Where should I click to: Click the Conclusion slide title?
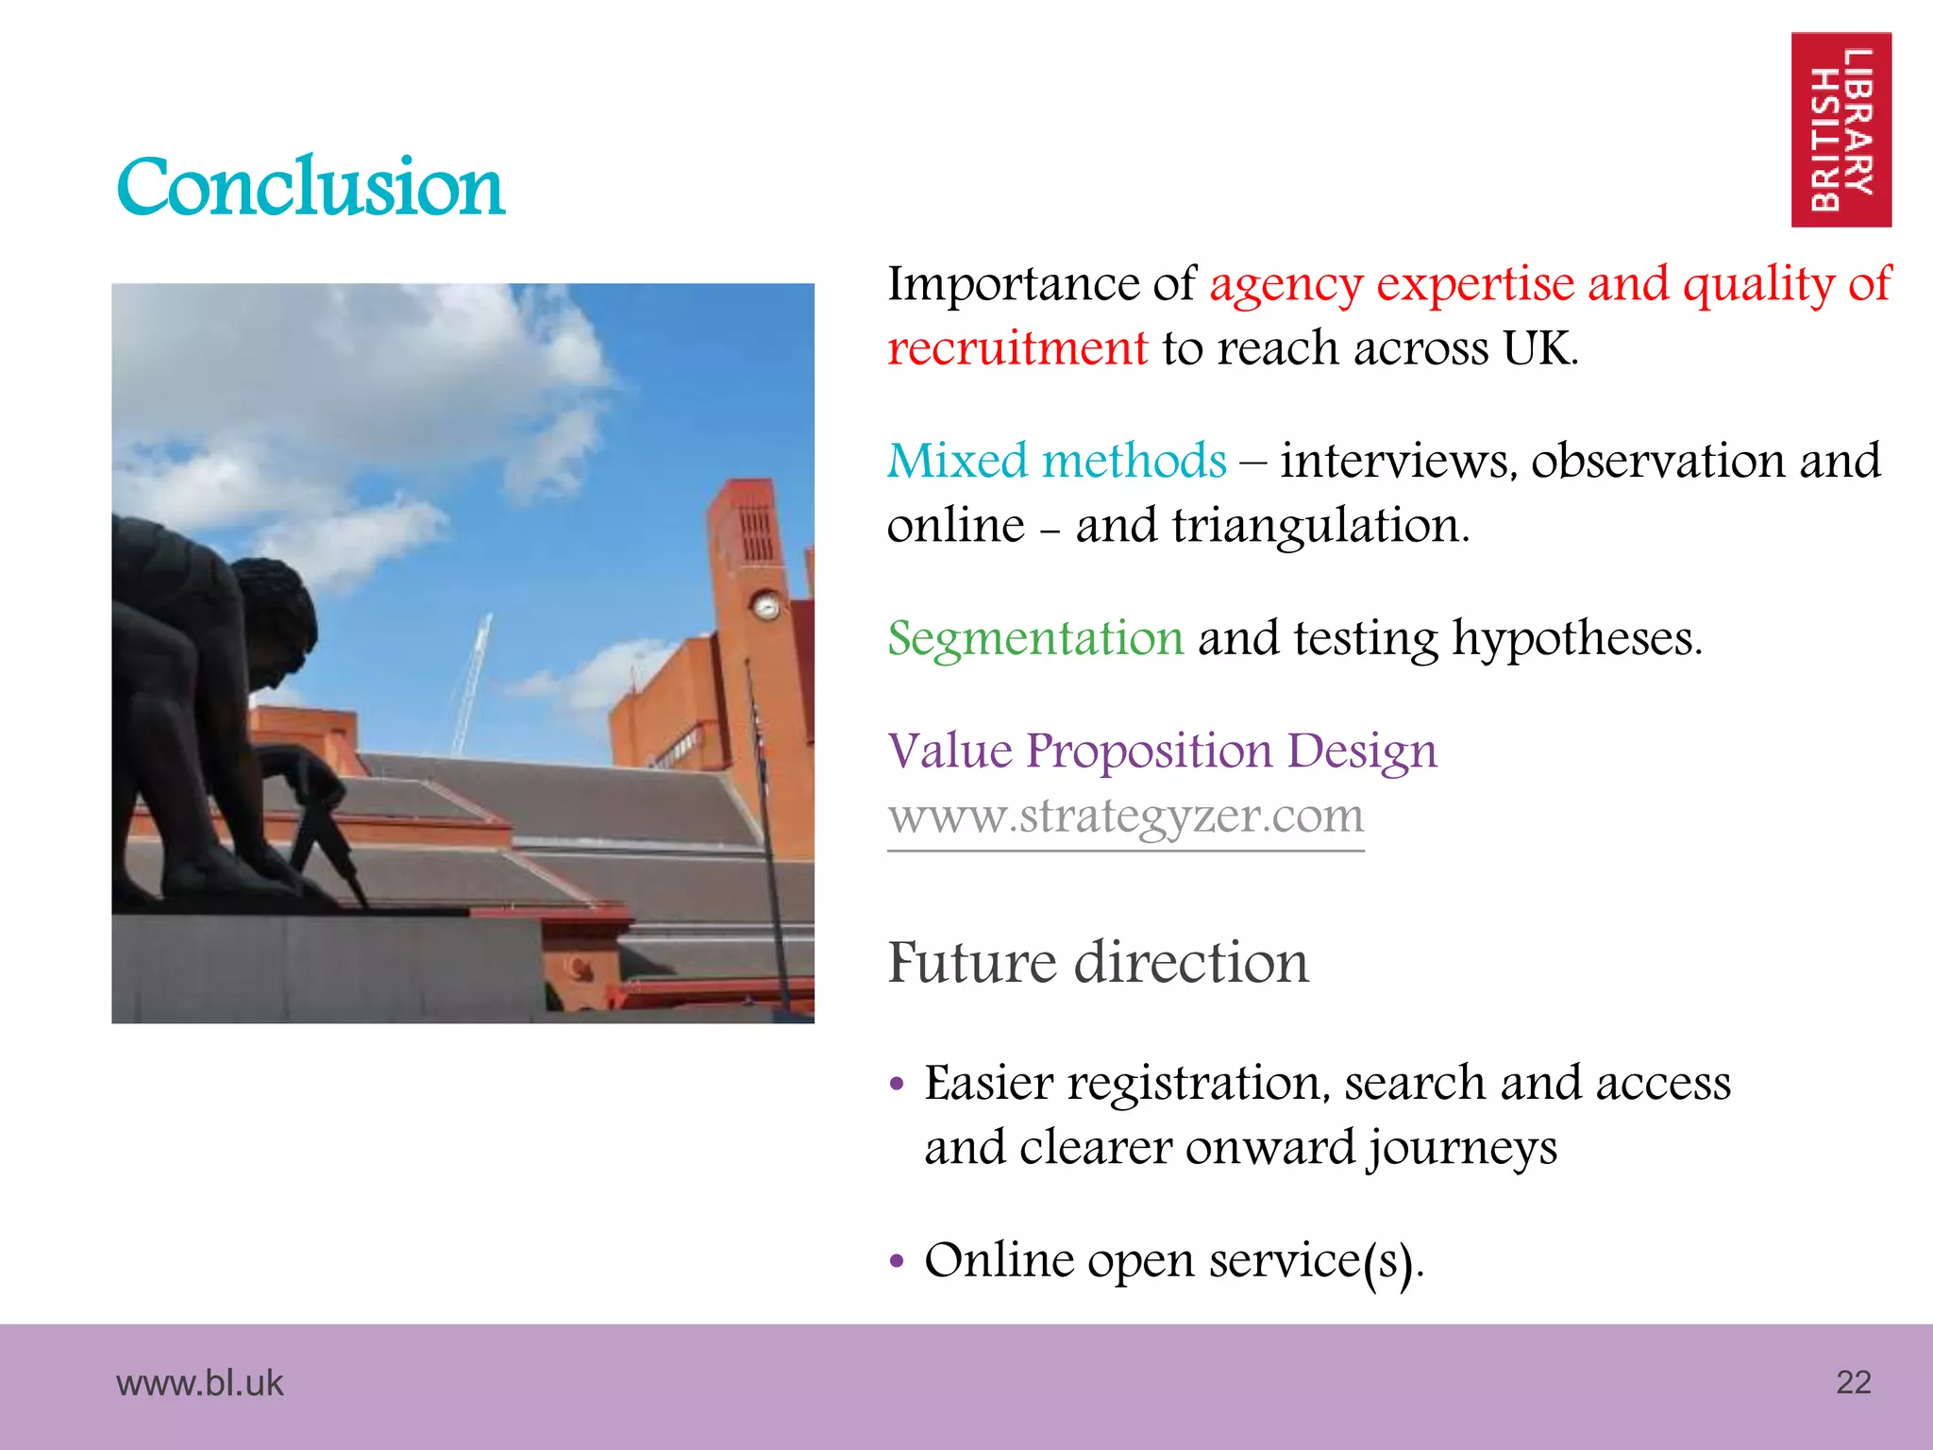311,187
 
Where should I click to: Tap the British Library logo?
1841,130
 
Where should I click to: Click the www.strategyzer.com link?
1125,817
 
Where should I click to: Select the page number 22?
1853,1382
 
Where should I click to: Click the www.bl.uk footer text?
199,1383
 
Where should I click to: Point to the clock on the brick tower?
765,605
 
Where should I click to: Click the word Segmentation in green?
1034,638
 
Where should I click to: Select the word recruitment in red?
1017,348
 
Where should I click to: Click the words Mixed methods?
1056,462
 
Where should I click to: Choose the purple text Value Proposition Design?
1162,751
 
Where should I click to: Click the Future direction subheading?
1098,963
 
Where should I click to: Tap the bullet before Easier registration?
897,1084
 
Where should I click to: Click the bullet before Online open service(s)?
897,1261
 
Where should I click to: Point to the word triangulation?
1319,526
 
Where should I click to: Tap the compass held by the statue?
326,831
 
